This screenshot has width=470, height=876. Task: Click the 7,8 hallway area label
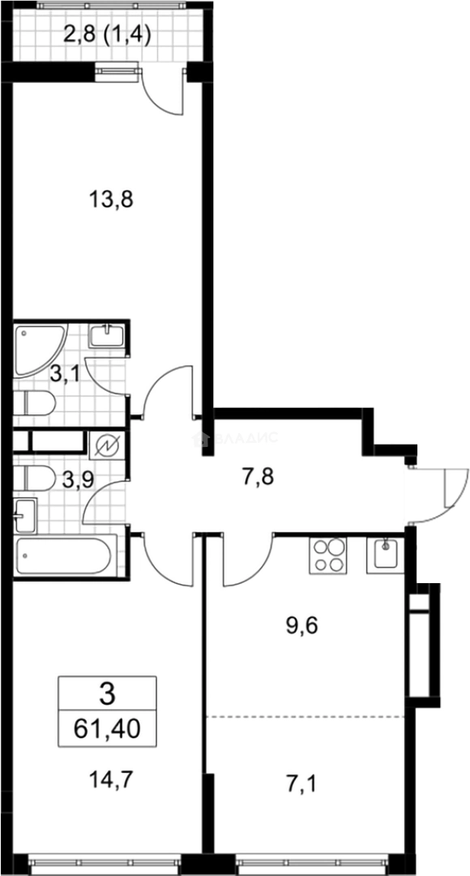tap(258, 476)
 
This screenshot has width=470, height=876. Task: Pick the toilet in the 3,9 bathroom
tap(35, 478)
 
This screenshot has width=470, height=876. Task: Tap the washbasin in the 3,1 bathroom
tap(108, 334)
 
